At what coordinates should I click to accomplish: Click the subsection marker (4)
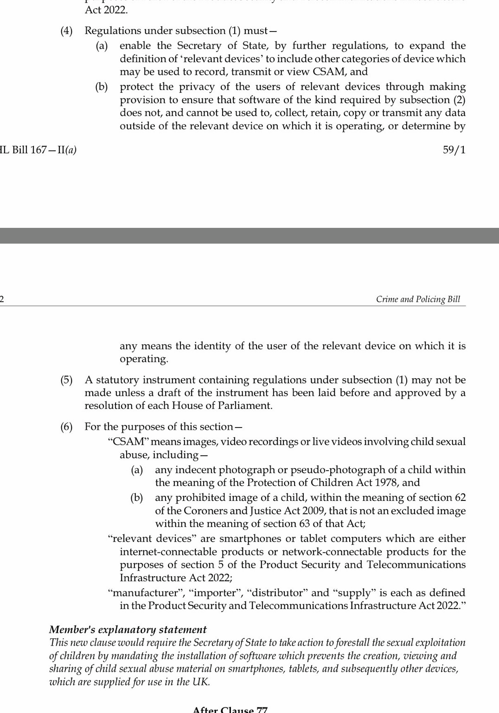[x=66, y=31]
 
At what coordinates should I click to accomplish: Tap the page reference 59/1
[x=454, y=149]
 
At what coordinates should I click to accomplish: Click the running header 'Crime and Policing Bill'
[x=418, y=299]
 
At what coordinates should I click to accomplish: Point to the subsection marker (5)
[x=66, y=380]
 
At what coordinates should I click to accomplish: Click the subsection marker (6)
[x=66, y=427]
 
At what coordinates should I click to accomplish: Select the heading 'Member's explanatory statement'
[x=128, y=630]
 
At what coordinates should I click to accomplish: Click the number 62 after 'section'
[x=460, y=498]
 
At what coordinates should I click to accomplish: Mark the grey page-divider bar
[x=249, y=235]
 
